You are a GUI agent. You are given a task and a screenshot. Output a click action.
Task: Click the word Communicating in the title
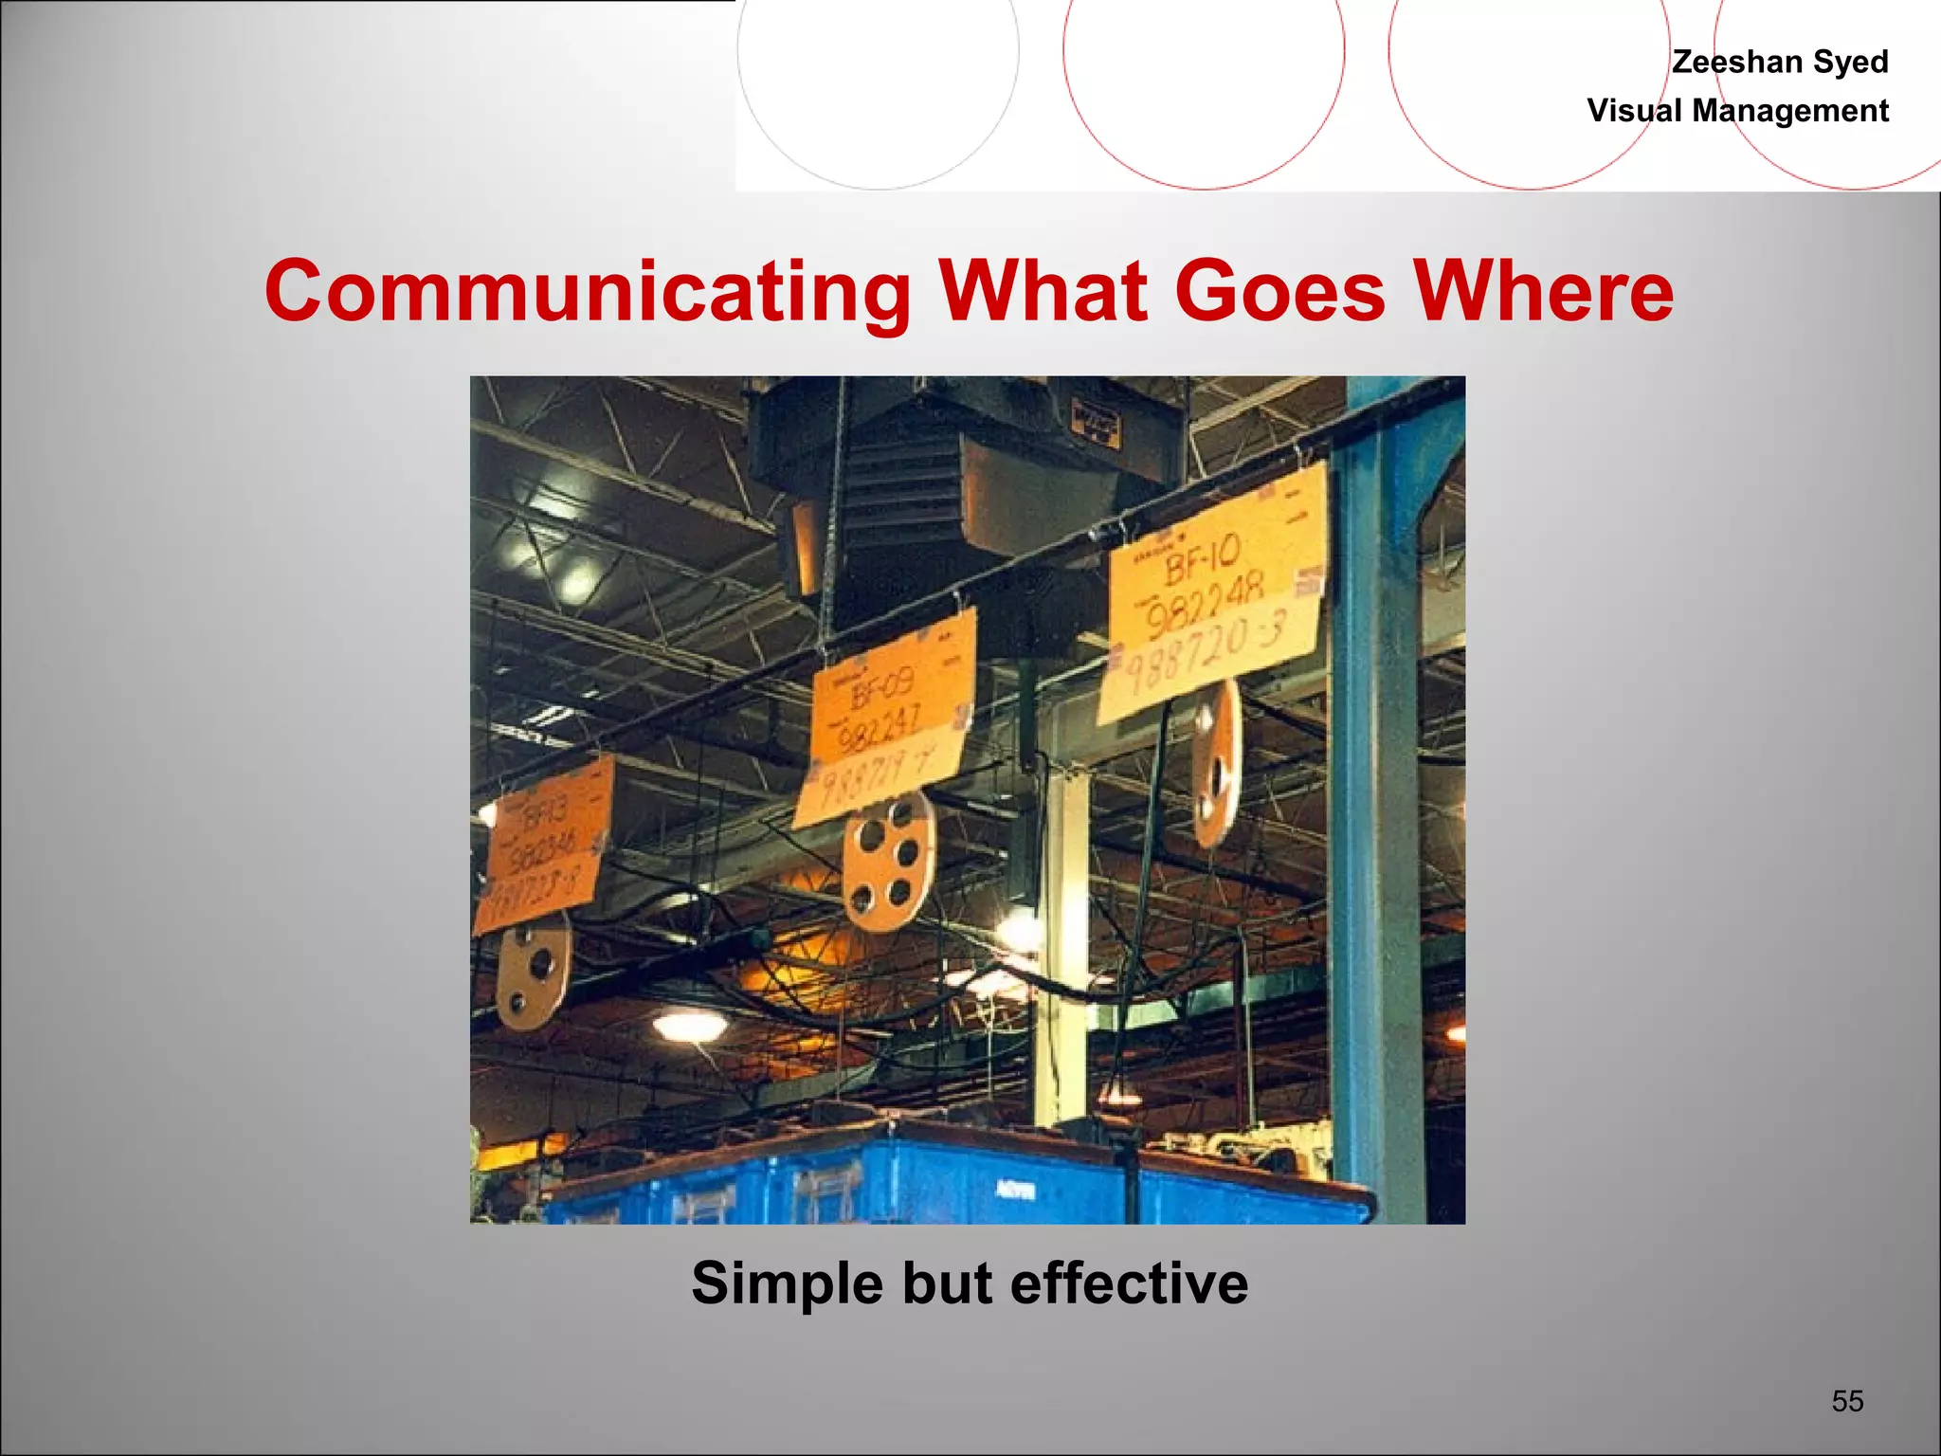coord(588,291)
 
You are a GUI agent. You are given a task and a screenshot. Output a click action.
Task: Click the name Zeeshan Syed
coord(1780,62)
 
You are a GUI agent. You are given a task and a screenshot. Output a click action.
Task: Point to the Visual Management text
coord(1737,111)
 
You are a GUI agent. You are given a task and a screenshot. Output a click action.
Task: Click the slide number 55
coord(1847,1400)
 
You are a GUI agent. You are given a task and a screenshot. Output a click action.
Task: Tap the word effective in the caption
coord(1129,1283)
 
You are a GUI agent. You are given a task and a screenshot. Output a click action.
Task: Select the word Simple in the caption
coord(787,1283)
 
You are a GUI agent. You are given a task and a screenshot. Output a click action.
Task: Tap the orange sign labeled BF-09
coord(886,716)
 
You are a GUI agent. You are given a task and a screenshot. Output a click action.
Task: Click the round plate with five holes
coord(888,861)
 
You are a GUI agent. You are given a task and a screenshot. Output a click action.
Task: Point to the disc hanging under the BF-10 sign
coord(1216,763)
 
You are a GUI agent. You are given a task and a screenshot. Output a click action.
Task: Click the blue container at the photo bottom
coord(948,1180)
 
